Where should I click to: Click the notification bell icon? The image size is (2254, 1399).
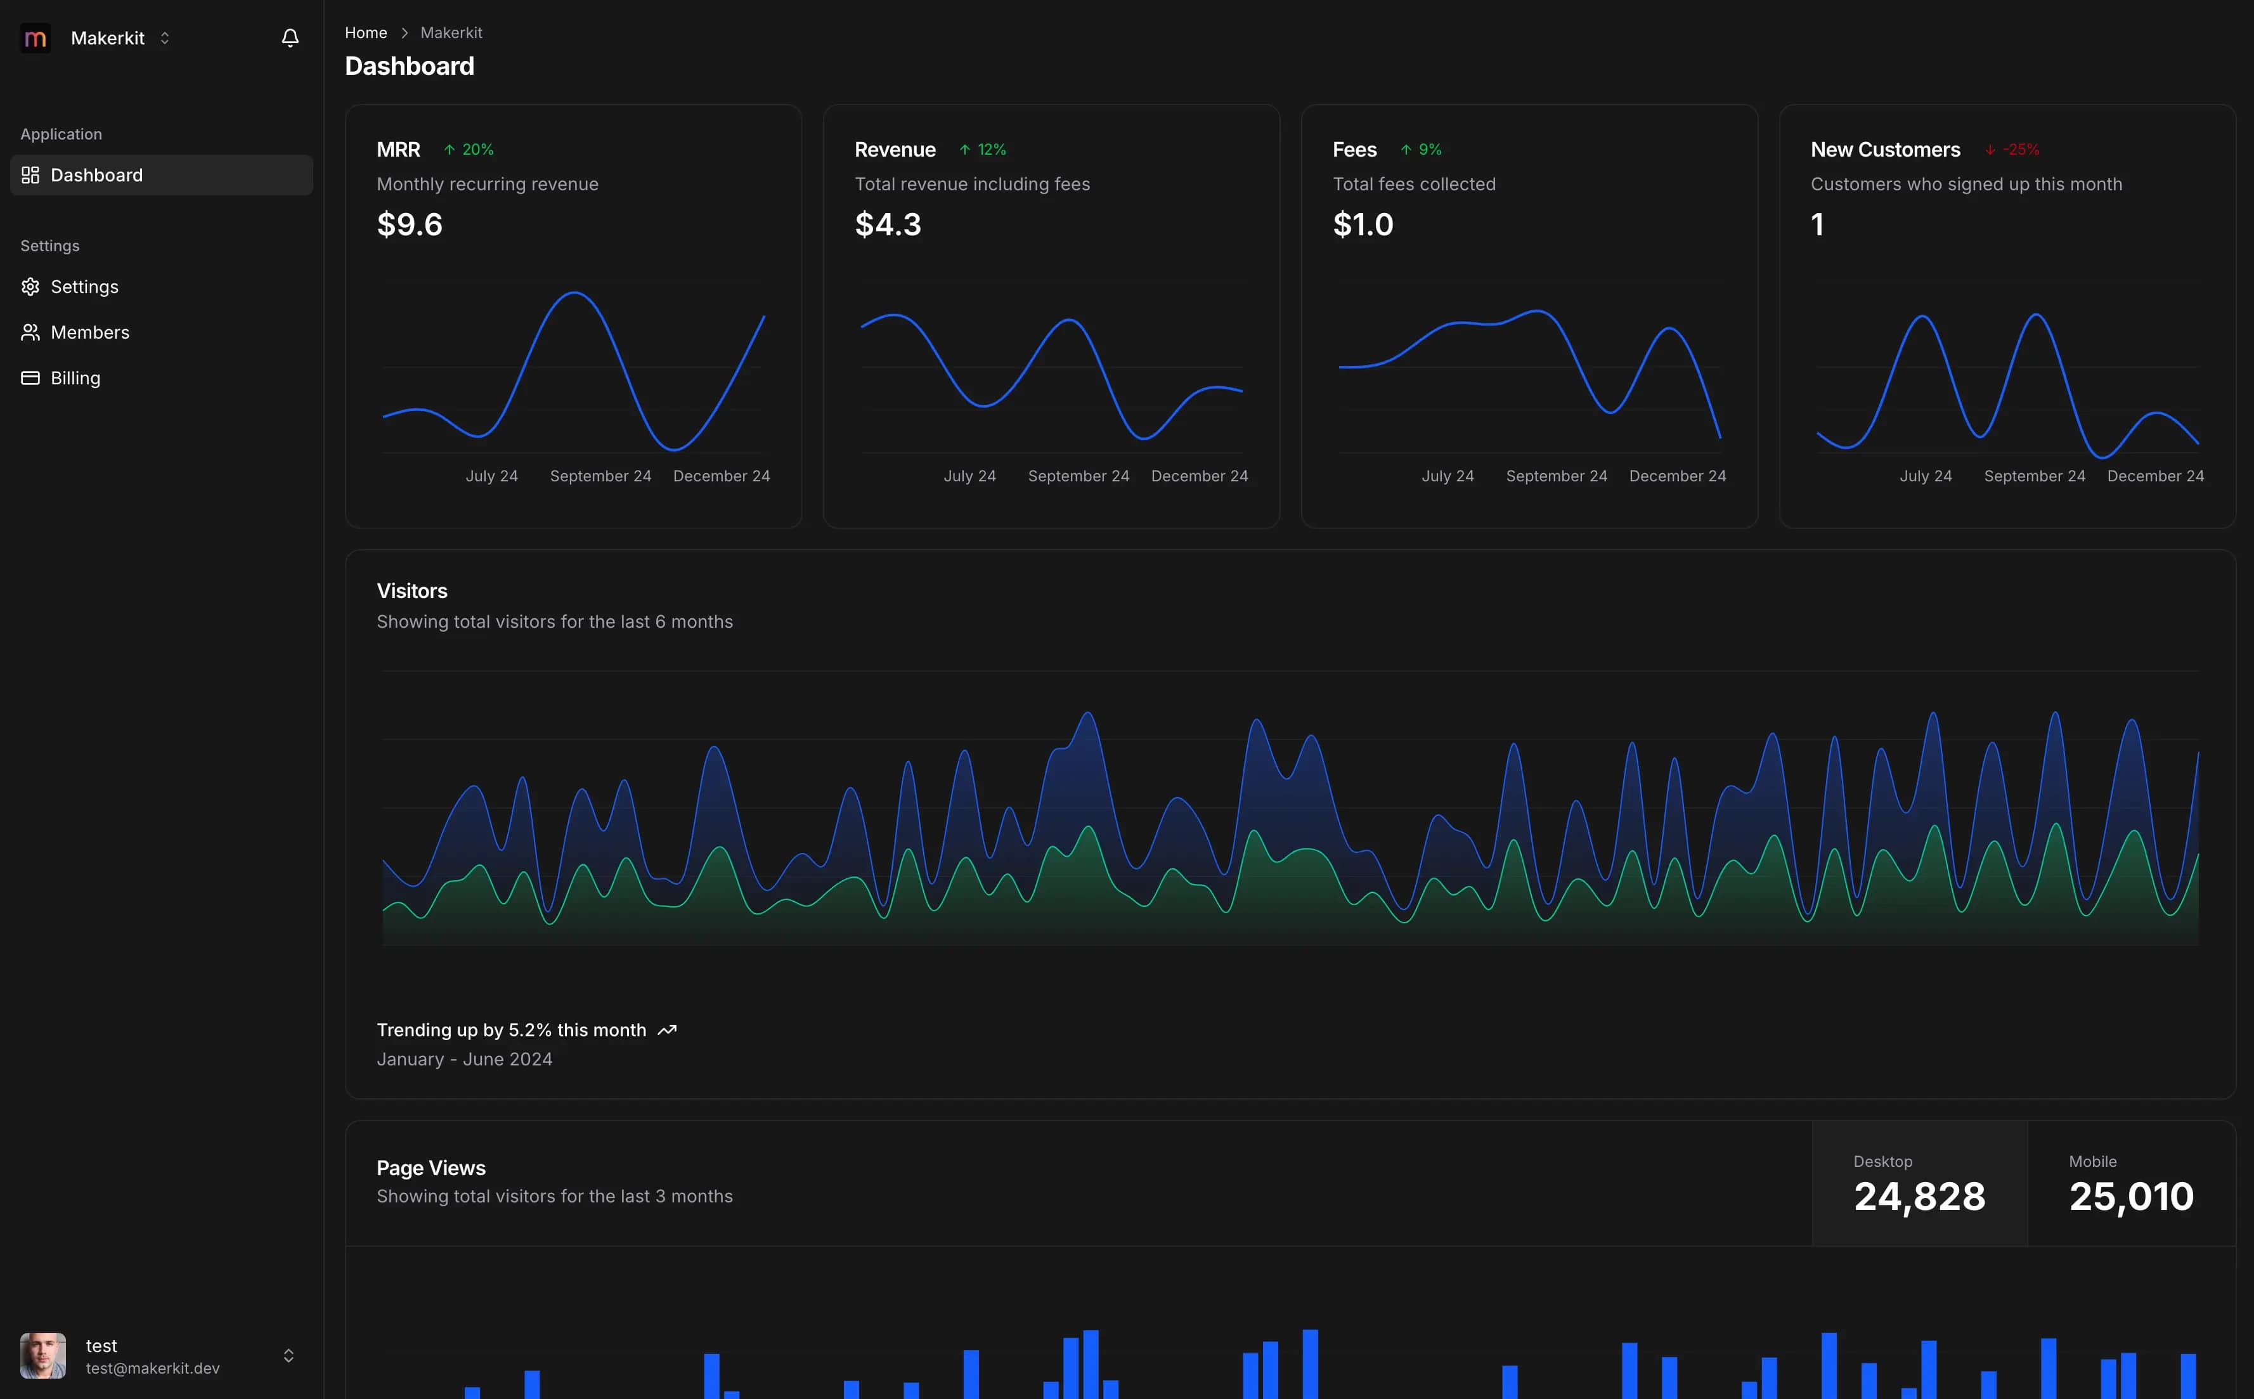pyautogui.click(x=290, y=38)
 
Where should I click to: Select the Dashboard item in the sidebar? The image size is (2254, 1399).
pyautogui.click(x=96, y=175)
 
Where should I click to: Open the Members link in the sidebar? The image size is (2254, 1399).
pyautogui.click(x=89, y=332)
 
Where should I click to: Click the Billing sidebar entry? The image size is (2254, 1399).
pyautogui.click(x=75, y=377)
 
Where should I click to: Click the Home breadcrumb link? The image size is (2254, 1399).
pyautogui.click(x=365, y=32)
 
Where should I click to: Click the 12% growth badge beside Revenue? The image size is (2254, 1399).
pyautogui.click(x=983, y=150)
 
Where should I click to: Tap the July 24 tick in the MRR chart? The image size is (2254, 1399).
pyautogui.click(x=491, y=476)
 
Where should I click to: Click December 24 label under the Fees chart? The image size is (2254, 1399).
pyautogui.click(x=1677, y=476)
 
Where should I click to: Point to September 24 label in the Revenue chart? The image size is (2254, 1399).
pyautogui.click(x=1078, y=476)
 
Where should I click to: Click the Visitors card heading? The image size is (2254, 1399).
pyautogui.click(x=411, y=590)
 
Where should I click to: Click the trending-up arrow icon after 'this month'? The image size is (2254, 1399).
pyautogui.click(x=667, y=1030)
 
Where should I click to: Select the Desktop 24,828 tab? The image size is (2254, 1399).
pyautogui.click(x=1919, y=1185)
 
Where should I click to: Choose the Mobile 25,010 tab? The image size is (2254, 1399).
pyautogui.click(x=2130, y=1185)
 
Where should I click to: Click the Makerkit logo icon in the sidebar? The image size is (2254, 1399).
pyautogui.click(x=35, y=38)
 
